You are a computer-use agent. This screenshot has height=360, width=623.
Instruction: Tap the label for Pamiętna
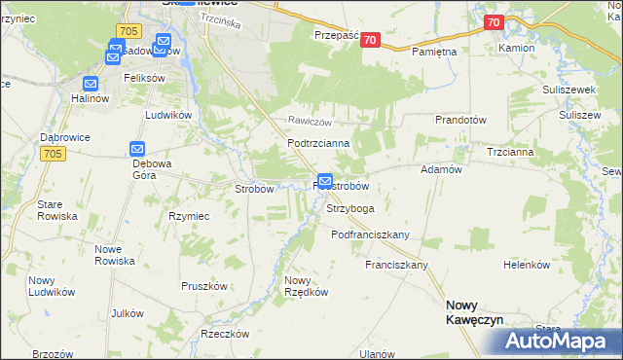433,51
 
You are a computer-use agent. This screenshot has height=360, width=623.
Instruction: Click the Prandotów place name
459,119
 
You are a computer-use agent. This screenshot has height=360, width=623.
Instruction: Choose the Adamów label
439,168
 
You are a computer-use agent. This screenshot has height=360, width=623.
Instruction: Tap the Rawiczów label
310,123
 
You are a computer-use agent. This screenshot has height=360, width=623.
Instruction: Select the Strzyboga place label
350,208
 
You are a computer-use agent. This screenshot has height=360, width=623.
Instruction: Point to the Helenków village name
527,265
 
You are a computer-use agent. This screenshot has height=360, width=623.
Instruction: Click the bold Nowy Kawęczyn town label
474,311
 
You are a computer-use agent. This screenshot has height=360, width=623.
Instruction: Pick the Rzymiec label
188,216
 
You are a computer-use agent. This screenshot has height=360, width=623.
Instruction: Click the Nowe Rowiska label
114,255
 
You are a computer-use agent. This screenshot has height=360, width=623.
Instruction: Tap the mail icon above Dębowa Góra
137,149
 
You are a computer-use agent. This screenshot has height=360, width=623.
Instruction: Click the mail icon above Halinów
91,85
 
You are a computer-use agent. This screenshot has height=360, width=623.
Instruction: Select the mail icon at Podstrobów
325,181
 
